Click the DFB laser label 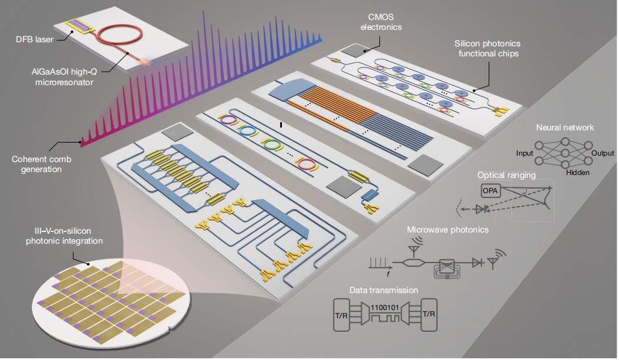pos(34,39)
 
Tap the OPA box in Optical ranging pos(490,191)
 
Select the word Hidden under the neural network pos(577,173)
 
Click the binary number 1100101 pos(385,307)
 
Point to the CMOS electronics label pos(381,22)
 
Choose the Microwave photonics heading pos(448,230)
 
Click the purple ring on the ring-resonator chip pos(228,119)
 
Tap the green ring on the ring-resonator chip pos(273,144)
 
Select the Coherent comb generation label pos(42,164)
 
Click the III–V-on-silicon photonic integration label pos(65,235)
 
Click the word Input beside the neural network pos(524,153)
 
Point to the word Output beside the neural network pos(603,153)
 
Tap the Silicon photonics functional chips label pos(487,49)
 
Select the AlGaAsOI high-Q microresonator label pos(65,77)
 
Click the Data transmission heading pos(383,290)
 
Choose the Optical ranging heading pos(506,175)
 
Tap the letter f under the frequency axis pos(388,274)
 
